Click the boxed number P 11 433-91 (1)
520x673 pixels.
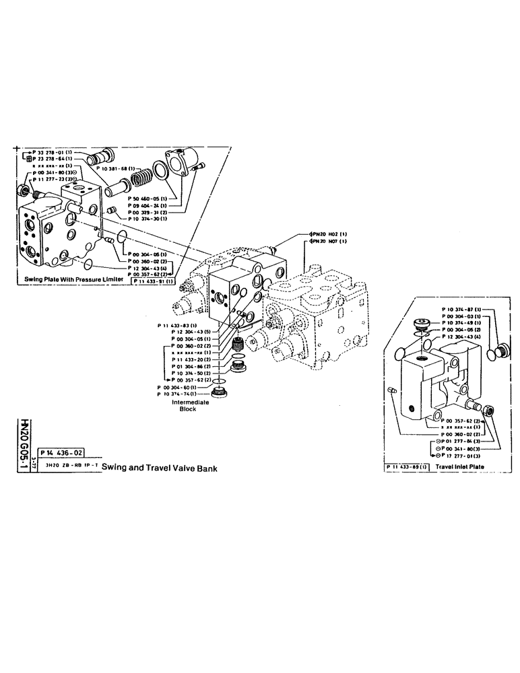click(x=154, y=281)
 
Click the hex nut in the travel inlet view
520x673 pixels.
click(x=490, y=409)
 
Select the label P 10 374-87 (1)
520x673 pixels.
click(x=461, y=310)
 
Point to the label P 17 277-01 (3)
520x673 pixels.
click(x=461, y=456)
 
